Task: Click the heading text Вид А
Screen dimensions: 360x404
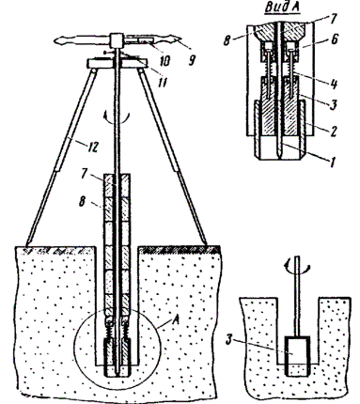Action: pos(282,8)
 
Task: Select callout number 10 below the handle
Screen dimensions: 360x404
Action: pos(164,60)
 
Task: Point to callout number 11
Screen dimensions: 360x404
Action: pos(163,82)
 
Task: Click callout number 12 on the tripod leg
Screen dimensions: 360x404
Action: pos(92,146)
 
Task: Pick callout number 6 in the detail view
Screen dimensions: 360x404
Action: pos(335,39)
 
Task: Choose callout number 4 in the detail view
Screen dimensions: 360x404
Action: pos(334,84)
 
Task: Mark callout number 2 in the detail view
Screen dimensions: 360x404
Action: pos(333,131)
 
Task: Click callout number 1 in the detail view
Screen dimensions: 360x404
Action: pos(332,162)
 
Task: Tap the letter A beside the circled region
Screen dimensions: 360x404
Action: pos(175,320)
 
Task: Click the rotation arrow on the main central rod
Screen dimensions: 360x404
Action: pos(117,118)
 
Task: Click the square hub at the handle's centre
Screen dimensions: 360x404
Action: pos(117,40)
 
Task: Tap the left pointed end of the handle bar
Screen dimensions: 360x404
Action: pos(55,40)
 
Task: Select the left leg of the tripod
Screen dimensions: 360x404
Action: pos(61,157)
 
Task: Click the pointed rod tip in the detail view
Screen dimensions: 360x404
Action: pos(278,153)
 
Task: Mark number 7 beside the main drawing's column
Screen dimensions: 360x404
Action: pos(84,174)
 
